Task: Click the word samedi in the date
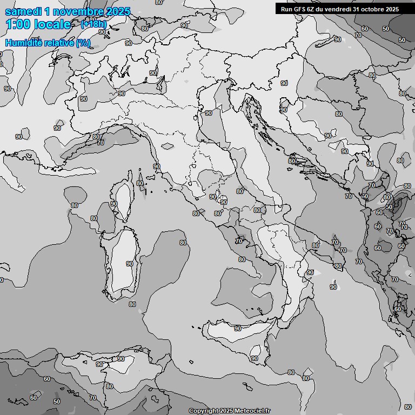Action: tap(23, 11)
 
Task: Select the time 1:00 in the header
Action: tap(19, 25)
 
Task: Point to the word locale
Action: tap(54, 25)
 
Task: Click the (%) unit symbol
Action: tap(83, 43)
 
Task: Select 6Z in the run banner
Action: tap(311, 9)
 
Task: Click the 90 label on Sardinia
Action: tap(130, 264)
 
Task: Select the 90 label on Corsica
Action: tap(114, 204)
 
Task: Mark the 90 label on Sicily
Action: tap(238, 329)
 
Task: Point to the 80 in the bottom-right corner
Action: tap(407, 406)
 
